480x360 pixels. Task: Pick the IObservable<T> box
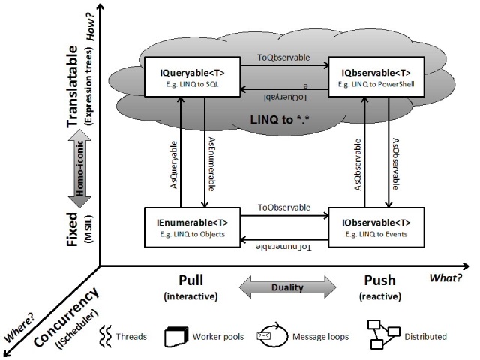tap(376, 227)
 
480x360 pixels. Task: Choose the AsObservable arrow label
tap(397, 165)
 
